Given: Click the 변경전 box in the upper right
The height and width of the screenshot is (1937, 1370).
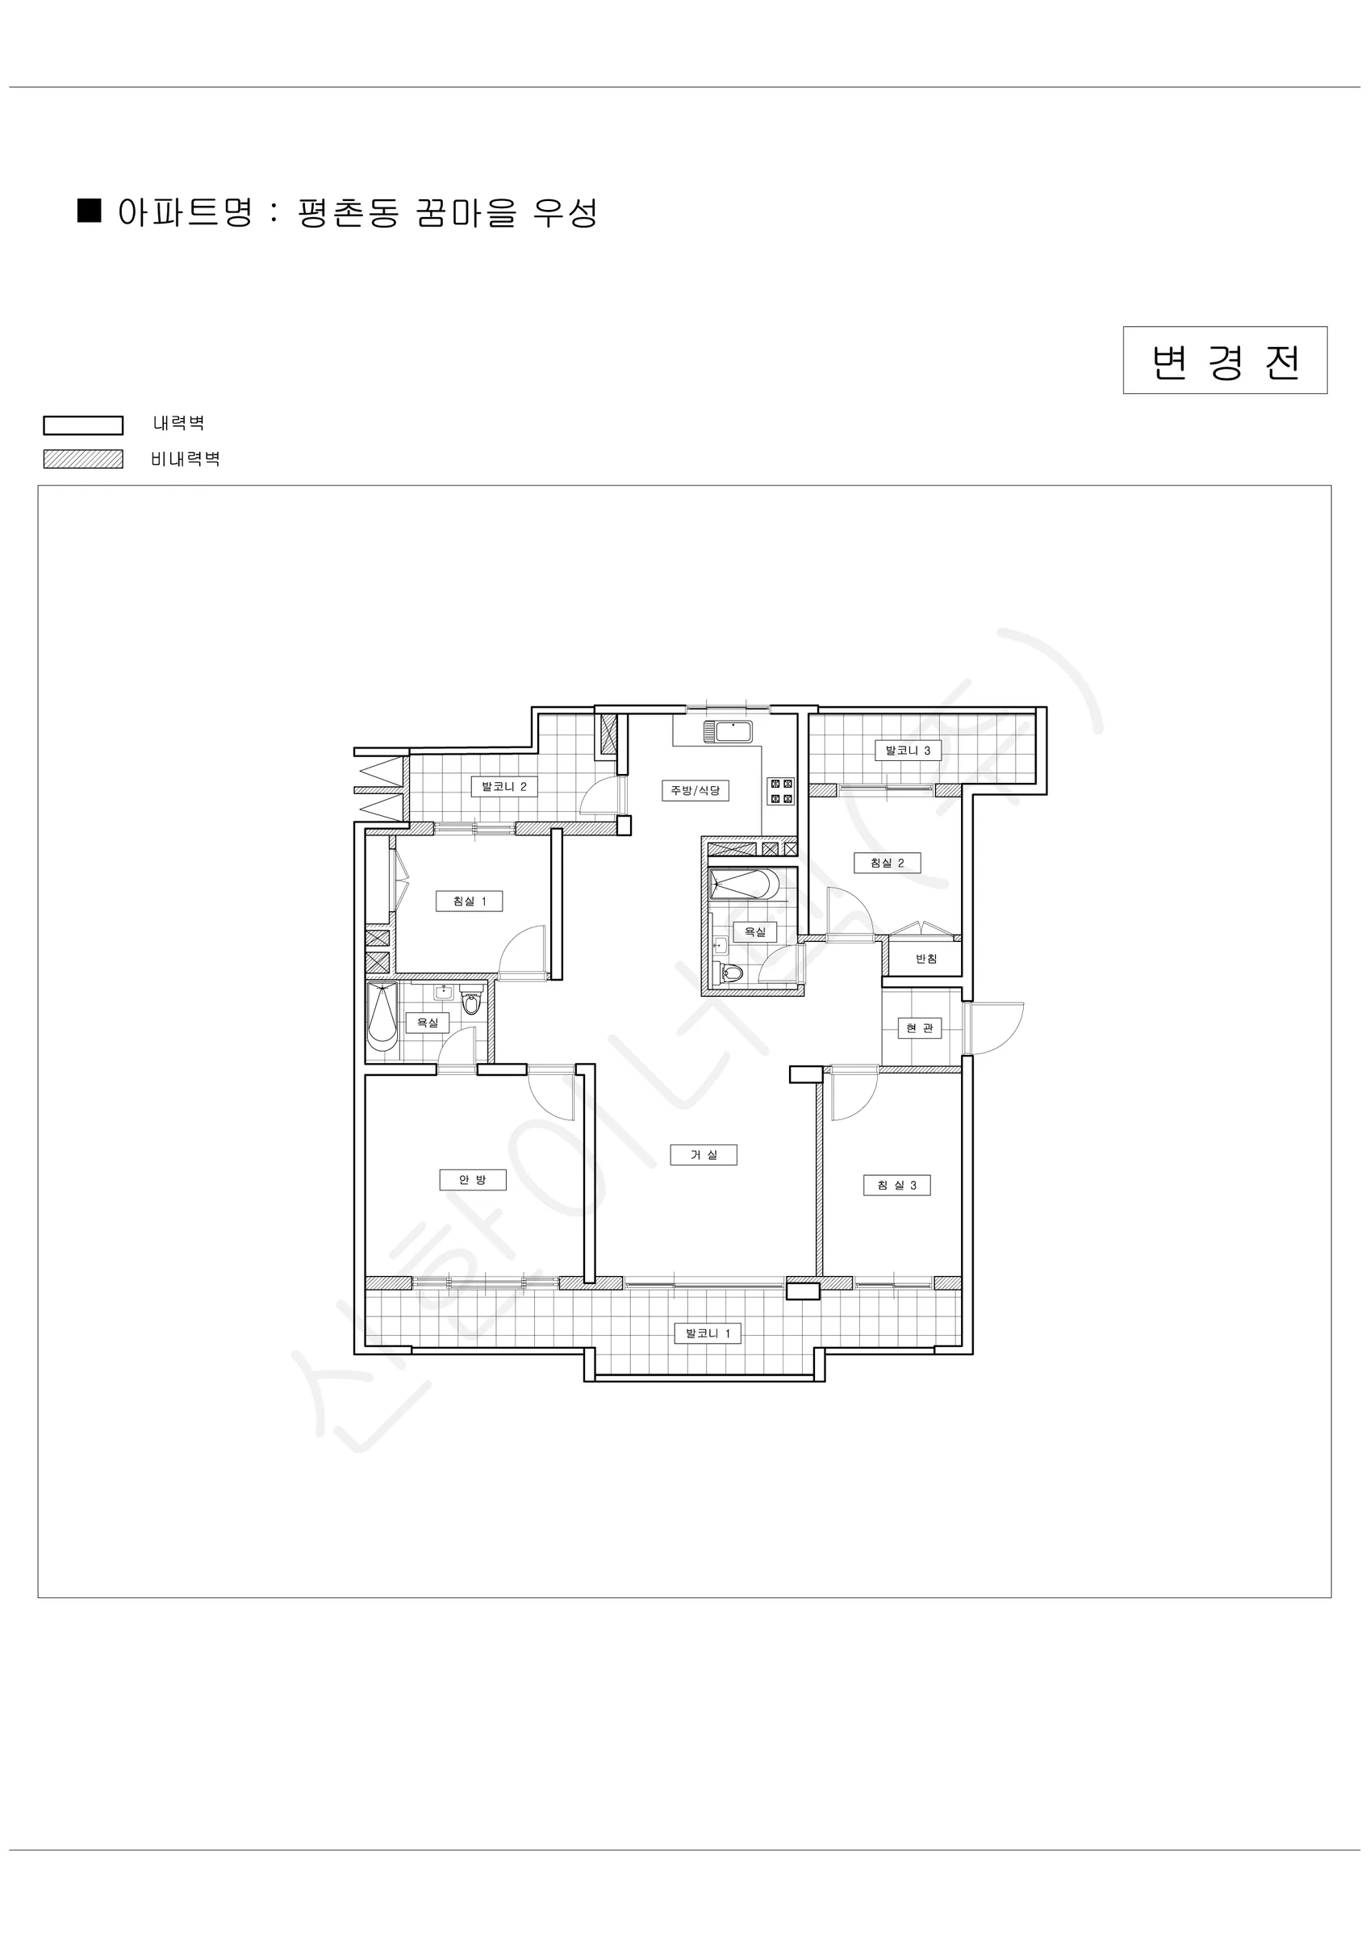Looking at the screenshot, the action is click(x=1225, y=360).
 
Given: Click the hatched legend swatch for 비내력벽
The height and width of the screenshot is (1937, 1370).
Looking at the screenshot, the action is click(x=84, y=459).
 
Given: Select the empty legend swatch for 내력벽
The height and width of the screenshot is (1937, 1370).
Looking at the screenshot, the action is click(x=84, y=425).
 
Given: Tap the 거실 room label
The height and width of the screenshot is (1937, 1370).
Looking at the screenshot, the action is click(x=704, y=1155).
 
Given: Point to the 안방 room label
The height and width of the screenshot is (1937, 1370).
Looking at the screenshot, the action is click(x=474, y=1179).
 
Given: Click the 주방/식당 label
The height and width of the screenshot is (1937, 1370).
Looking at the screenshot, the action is click(x=695, y=790).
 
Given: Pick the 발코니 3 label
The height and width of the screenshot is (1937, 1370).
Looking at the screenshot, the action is click(x=908, y=750).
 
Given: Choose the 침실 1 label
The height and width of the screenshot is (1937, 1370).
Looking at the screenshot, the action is click(x=470, y=901).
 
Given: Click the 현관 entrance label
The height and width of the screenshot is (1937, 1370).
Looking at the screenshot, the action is click(x=920, y=1028).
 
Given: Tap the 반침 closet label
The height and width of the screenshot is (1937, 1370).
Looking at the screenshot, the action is click(x=926, y=958).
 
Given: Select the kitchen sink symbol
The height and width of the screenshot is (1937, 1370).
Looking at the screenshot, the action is click(x=727, y=731).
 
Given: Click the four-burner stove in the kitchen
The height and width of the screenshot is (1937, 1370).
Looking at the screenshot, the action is click(x=780, y=791).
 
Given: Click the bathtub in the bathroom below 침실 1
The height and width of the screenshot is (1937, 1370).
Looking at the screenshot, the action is click(x=382, y=1017).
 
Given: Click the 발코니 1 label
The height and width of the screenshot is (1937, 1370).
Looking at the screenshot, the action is click(x=708, y=1334).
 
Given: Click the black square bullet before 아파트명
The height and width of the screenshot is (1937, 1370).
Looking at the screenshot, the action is click(x=90, y=210).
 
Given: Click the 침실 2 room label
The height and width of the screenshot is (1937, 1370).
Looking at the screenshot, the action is click(x=888, y=863).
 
